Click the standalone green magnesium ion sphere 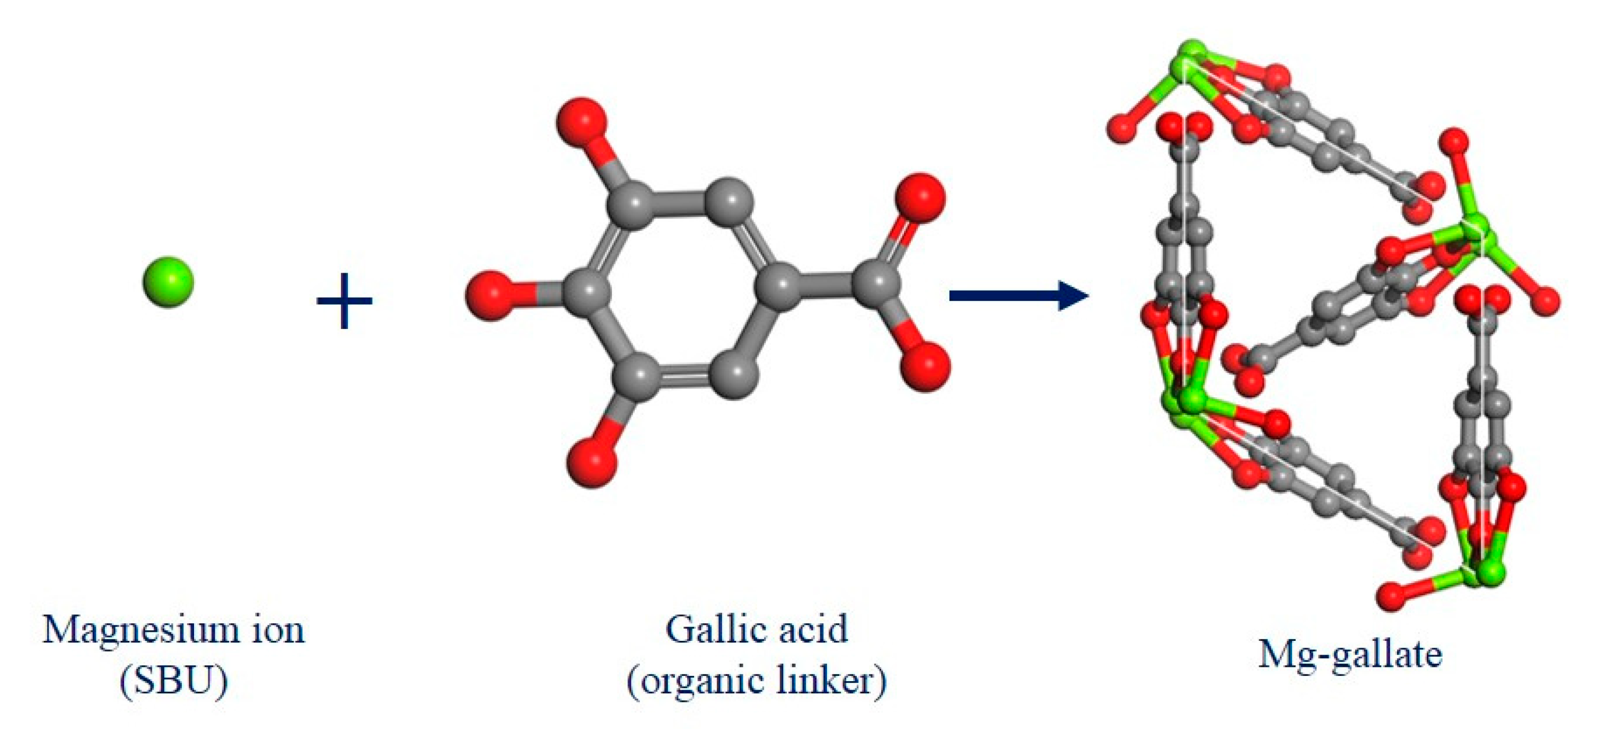click(168, 281)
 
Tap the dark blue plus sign click(344, 301)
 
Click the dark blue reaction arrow click(1018, 295)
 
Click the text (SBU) click(174, 682)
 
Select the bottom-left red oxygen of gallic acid click(592, 462)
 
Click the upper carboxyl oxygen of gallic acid click(919, 198)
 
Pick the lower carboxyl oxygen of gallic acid click(924, 366)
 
